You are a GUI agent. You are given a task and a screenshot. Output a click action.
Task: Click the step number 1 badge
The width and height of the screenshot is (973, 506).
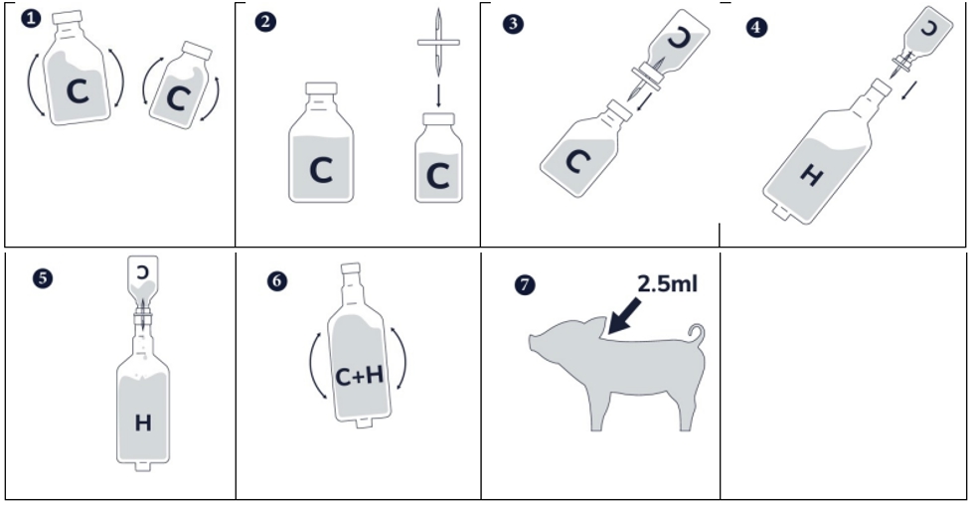(x=31, y=18)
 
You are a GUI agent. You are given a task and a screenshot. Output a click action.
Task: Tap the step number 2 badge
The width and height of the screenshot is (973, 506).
(x=265, y=22)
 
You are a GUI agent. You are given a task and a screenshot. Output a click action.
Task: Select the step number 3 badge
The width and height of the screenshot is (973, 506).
(x=513, y=24)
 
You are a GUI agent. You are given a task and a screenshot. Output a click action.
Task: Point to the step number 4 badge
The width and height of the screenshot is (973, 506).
(x=757, y=27)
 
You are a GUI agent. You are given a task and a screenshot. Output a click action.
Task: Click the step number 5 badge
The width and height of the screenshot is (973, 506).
(x=43, y=277)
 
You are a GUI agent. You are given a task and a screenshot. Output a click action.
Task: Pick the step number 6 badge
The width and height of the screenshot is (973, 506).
(x=277, y=281)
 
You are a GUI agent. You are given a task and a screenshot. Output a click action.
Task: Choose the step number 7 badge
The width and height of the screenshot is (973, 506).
(x=525, y=285)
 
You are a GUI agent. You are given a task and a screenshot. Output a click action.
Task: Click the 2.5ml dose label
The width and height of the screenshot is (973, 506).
(x=667, y=283)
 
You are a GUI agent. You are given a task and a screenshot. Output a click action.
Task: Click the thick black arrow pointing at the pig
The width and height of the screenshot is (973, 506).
(x=625, y=316)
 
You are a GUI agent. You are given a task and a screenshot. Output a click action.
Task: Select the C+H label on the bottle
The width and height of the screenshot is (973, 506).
(x=359, y=376)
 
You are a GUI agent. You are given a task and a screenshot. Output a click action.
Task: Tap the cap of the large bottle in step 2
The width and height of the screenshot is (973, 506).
(x=321, y=88)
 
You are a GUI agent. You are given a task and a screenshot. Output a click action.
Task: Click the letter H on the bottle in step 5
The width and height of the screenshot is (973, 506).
(x=143, y=422)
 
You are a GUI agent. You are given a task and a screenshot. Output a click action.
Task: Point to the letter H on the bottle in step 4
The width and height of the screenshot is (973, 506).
(x=811, y=176)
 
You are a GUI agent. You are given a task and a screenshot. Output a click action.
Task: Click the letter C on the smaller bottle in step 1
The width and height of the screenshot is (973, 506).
(x=179, y=98)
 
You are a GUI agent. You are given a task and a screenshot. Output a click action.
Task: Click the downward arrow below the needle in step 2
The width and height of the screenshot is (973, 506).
(x=438, y=95)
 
